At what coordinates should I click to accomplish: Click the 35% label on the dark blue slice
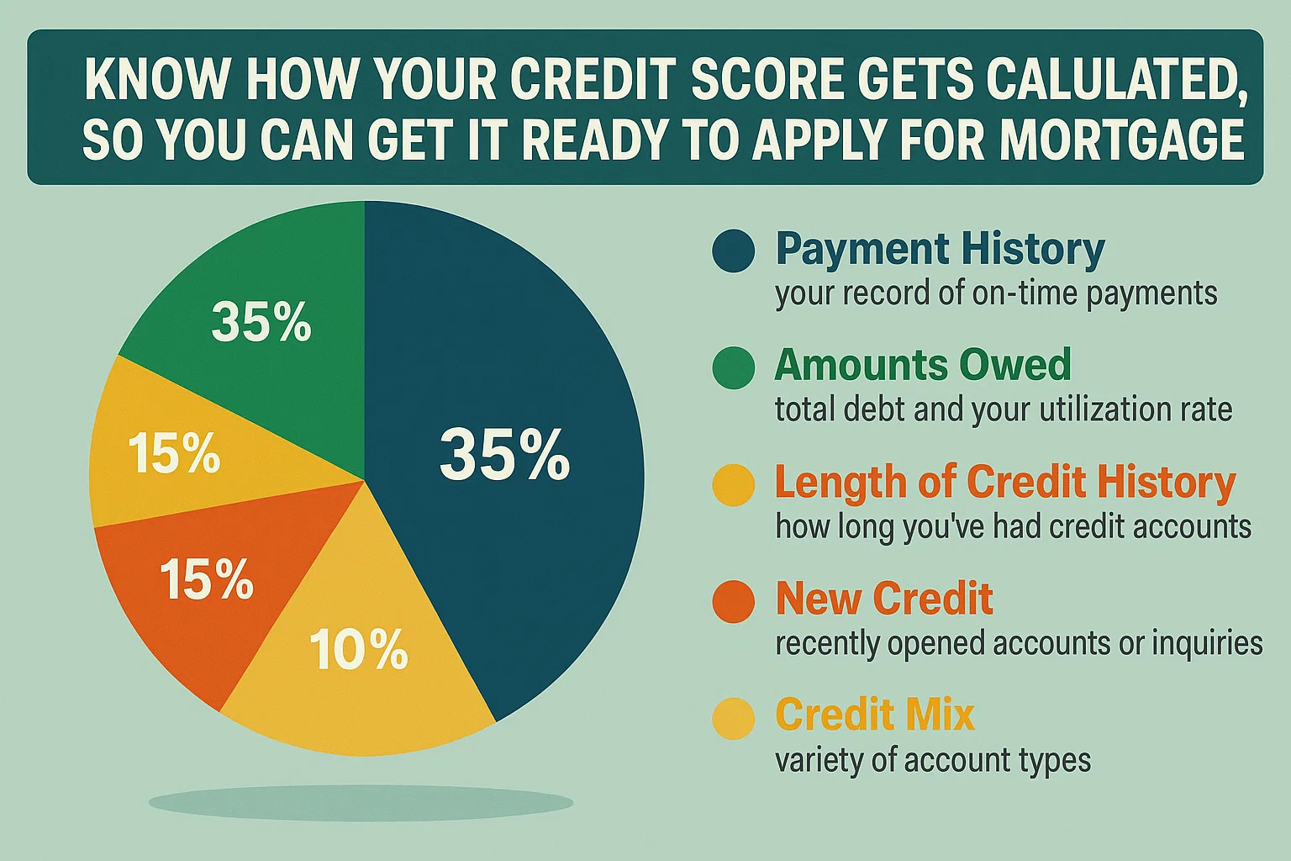(504, 455)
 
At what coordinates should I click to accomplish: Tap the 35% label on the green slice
(261, 322)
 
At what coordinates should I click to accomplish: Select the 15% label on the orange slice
(206, 580)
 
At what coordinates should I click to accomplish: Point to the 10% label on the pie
(359, 650)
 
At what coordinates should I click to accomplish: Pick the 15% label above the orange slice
(174, 453)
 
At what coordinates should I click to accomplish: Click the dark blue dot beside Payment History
(733, 251)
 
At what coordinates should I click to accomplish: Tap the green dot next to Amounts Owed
(733, 368)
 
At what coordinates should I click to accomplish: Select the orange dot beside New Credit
(733, 602)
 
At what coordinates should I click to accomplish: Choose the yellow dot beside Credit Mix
(733, 718)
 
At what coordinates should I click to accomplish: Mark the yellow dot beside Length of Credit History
(733, 485)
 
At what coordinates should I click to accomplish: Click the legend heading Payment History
(940, 249)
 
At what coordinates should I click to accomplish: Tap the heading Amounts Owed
(923, 365)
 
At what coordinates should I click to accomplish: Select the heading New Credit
(884, 599)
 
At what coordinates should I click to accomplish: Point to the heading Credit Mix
(875, 715)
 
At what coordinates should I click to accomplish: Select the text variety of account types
(933, 760)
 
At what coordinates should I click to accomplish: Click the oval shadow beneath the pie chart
(361, 803)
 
